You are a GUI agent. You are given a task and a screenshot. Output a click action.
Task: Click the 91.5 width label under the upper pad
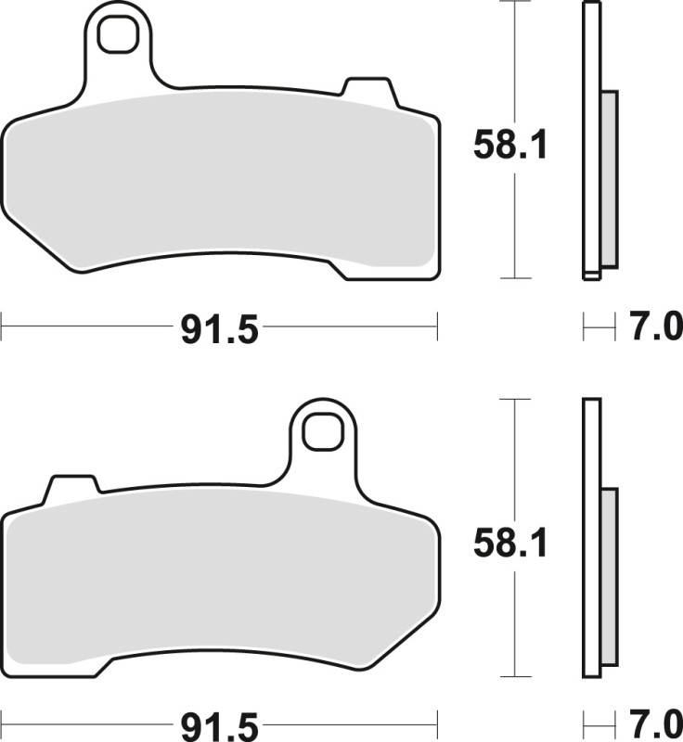coord(220,328)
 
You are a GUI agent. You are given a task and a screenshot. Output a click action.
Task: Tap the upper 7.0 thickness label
coord(655,327)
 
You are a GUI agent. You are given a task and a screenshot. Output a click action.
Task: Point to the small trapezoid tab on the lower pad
coord(72,485)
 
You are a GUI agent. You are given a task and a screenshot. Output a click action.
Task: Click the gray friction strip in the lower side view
coord(609,576)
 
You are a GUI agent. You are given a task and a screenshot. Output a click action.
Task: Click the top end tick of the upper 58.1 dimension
coord(514,3)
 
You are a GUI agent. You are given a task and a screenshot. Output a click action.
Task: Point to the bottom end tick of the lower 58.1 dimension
coord(514,676)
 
